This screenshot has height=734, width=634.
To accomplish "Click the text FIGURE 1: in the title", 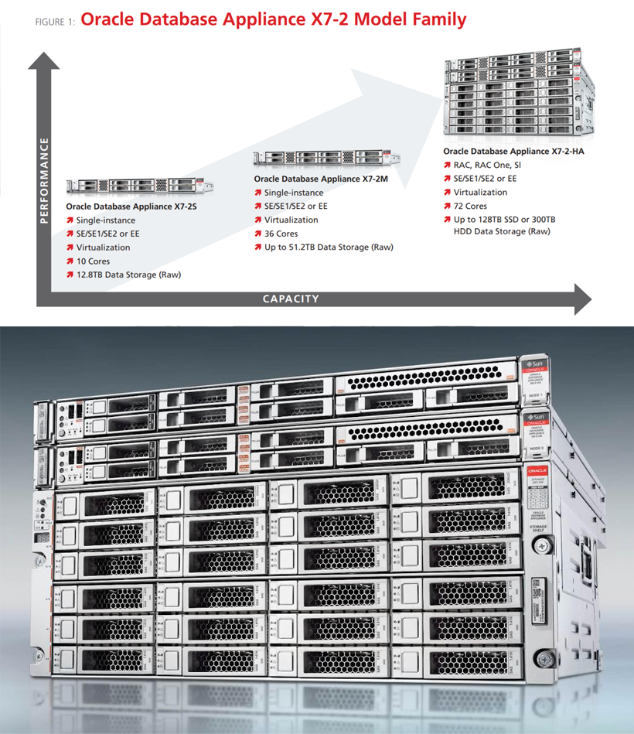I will (54, 22).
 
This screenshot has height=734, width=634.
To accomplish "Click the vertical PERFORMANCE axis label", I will (44, 180).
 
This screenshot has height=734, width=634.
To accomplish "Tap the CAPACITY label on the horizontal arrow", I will (290, 299).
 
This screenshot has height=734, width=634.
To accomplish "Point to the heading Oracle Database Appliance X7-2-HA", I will (513, 151).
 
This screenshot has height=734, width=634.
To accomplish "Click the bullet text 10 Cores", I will (93, 261).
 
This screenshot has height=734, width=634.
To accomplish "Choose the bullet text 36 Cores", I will (281, 234).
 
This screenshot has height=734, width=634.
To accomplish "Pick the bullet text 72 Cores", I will (470, 206).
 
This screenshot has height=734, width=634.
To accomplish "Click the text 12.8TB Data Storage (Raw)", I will (128, 275).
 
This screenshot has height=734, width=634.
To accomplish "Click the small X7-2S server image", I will (139, 186).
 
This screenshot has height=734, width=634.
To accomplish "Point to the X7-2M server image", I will (327, 158).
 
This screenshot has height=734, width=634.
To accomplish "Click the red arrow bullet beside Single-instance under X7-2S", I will (70, 220).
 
